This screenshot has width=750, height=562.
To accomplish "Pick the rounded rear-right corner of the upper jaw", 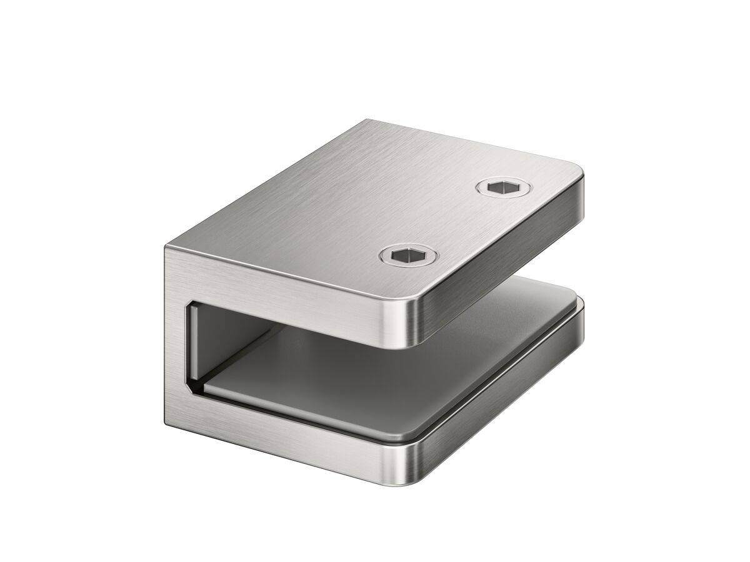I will coord(581,181).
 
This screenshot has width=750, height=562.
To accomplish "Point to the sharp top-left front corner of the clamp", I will coord(166,249).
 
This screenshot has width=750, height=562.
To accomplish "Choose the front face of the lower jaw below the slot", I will coord(294,437).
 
